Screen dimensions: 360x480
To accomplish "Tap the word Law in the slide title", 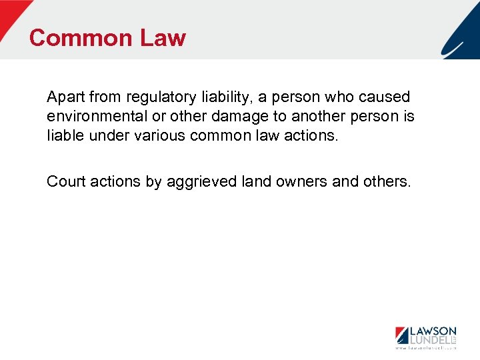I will (163, 38).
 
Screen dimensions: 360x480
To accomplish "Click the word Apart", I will (65, 97).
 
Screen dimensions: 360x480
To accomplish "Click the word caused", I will (385, 97).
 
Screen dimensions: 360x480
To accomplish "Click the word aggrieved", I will (197, 181).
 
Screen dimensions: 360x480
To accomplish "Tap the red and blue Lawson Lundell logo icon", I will (401, 335).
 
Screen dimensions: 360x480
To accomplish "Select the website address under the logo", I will (425, 349).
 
